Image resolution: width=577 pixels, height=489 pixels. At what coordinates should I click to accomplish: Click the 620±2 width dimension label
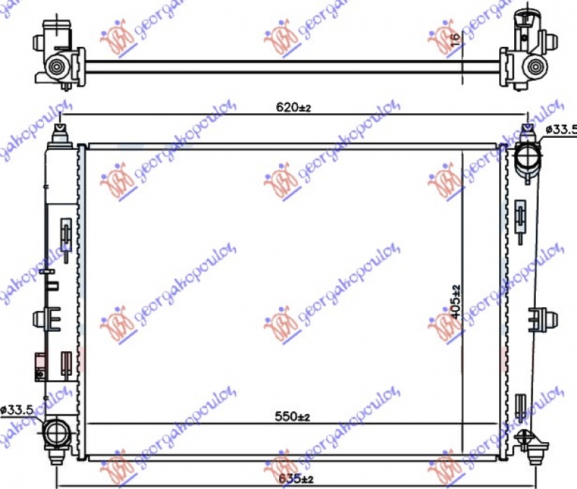[x=294, y=107]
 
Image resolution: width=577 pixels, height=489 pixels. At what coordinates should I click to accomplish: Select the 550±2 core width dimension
[x=293, y=416]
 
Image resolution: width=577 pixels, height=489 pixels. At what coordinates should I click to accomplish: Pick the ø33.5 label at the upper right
[x=560, y=129]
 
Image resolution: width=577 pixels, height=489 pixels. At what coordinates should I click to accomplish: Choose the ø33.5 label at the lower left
[x=17, y=410]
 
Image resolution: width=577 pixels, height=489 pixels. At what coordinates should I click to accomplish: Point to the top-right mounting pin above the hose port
[x=529, y=131]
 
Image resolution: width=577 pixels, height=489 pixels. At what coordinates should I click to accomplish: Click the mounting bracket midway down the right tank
[x=544, y=317]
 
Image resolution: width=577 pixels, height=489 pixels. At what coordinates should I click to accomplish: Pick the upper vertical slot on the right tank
[x=520, y=216]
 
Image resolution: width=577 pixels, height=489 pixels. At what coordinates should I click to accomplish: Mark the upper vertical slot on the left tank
[x=66, y=234]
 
